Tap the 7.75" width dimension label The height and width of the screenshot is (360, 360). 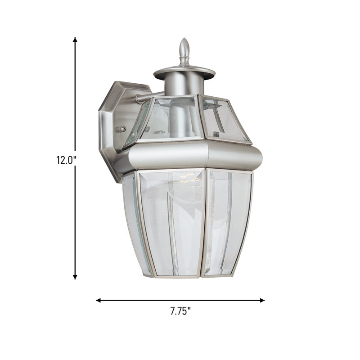pyautogui.click(x=180, y=310)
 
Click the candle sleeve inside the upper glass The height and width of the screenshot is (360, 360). pyautogui.click(x=184, y=117)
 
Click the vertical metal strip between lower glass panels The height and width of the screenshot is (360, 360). pyautogui.click(x=205, y=223)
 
